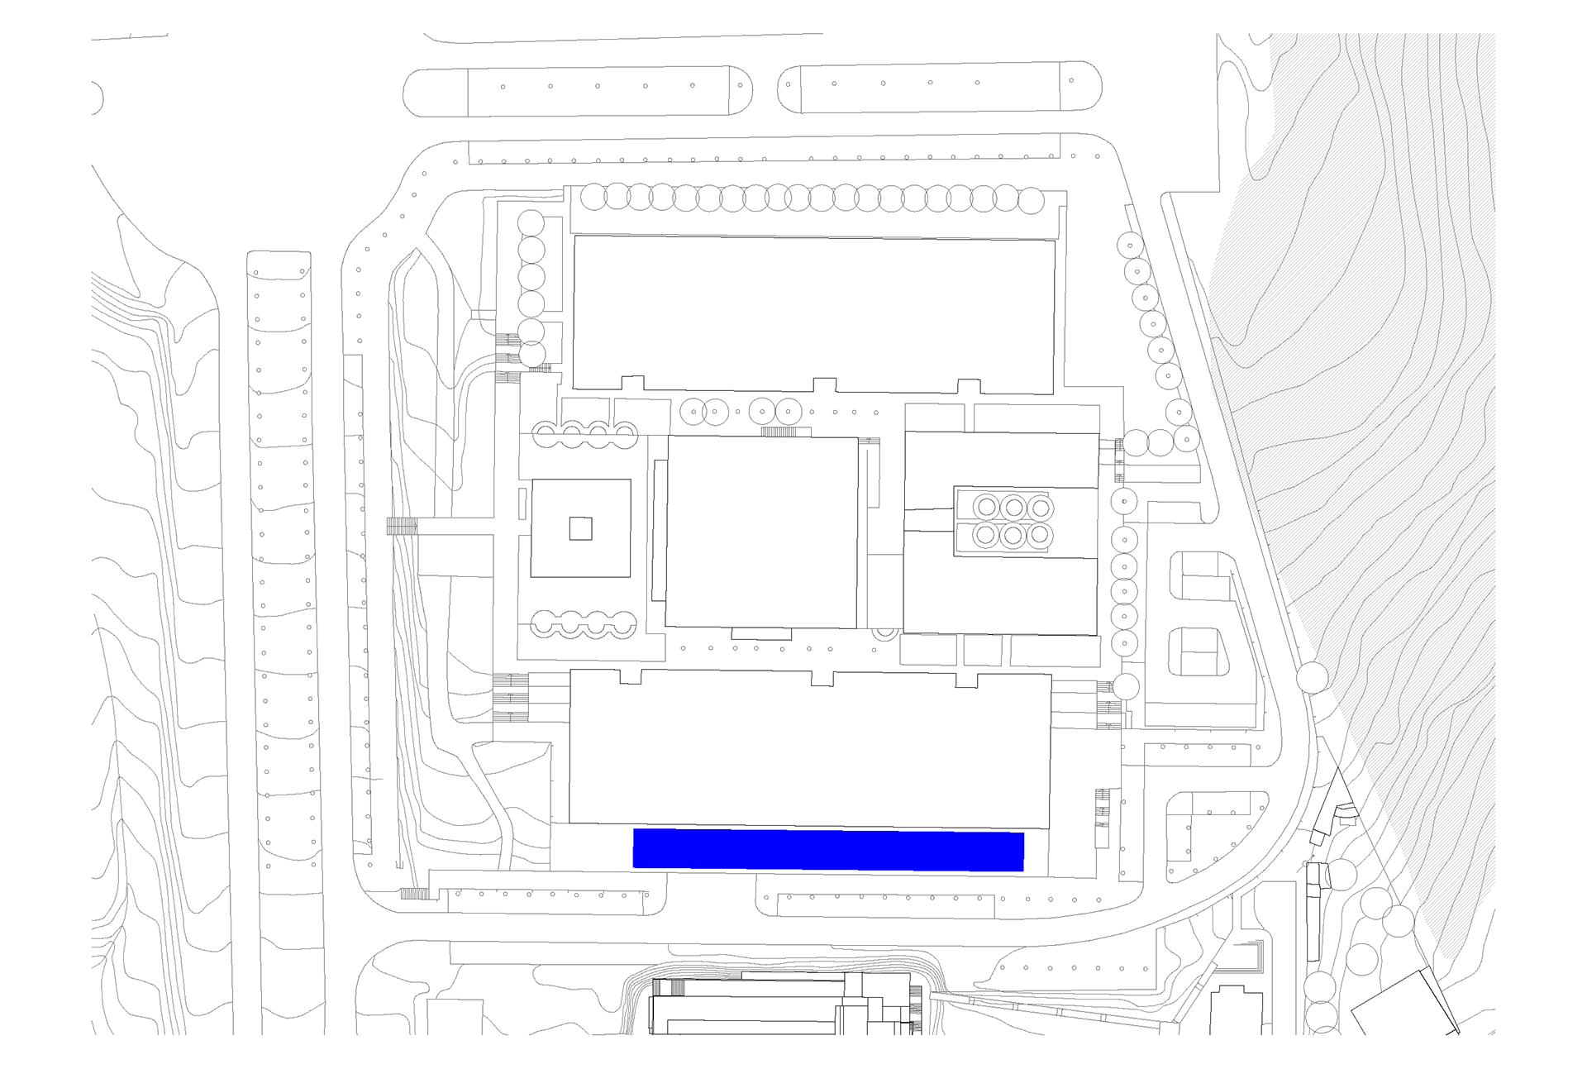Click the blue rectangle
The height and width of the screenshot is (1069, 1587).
coord(828,851)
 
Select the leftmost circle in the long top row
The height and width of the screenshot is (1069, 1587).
coord(593,197)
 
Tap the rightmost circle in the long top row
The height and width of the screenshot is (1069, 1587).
coord(1031,201)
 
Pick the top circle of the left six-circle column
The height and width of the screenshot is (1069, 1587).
coord(531,223)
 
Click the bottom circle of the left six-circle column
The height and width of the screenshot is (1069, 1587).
coord(532,355)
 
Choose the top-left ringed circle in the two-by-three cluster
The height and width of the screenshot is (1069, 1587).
coord(985,507)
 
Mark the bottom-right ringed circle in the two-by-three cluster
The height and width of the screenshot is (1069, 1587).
coord(1040,536)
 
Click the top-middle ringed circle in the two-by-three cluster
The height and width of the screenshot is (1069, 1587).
coord(1013,507)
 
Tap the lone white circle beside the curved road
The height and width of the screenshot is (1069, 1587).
coord(1312,678)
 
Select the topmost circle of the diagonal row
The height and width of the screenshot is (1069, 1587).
coord(1130,246)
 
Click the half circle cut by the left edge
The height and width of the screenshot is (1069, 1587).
coord(96,98)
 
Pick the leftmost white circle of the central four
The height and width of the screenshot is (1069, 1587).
coord(693,411)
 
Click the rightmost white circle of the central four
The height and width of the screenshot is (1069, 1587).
coord(788,411)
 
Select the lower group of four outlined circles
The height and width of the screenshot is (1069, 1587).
coord(584,623)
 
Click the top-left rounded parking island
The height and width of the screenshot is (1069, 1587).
coord(577,93)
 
